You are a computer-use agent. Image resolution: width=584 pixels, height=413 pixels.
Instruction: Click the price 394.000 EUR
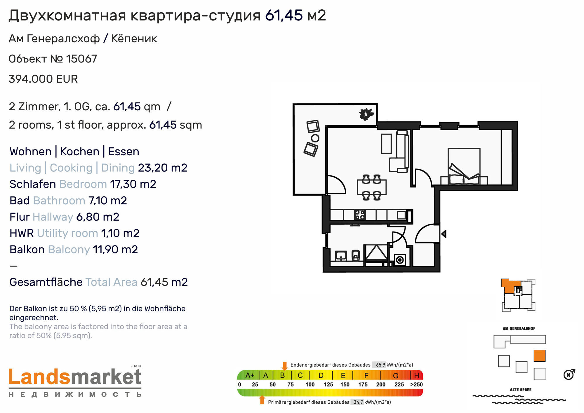click(43, 79)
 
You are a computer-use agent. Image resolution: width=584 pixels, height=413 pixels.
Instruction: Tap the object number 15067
click(81, 59)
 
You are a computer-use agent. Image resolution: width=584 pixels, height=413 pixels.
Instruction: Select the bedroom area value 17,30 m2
click(133, 184)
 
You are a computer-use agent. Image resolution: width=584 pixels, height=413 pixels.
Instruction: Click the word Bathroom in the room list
click(59, 201)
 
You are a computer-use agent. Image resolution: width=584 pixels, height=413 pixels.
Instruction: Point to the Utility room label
click(67, 233)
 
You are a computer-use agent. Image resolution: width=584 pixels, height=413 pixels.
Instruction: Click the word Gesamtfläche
click(46, 282)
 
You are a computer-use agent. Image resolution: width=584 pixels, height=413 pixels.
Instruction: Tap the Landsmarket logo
click(75, 381)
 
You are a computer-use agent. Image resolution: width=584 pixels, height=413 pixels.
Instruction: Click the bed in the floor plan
click(464, 166)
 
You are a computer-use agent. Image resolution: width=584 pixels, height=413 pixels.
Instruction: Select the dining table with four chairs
click(372, 187)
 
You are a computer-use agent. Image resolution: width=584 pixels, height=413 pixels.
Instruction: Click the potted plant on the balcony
click(366, 114)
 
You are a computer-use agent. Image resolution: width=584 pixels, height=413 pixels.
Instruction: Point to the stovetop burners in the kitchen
click(360, 215)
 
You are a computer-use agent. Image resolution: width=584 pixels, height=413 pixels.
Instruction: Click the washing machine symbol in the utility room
click(400, 260)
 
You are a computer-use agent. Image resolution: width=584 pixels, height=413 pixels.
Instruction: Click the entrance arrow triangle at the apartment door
click(444, 234)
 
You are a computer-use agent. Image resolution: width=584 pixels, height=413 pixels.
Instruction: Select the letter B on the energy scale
click(282, 375)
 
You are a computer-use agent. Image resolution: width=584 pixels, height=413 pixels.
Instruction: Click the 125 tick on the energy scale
click(328, 385)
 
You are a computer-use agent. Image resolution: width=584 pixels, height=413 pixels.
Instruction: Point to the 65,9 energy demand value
click(380, 365)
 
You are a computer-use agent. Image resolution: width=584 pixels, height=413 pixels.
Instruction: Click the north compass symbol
click(569, 374)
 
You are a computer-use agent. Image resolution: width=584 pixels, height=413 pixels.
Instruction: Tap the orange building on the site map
click(539, 356)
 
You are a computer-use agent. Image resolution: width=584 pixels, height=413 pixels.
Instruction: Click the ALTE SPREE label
click(521, 390)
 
